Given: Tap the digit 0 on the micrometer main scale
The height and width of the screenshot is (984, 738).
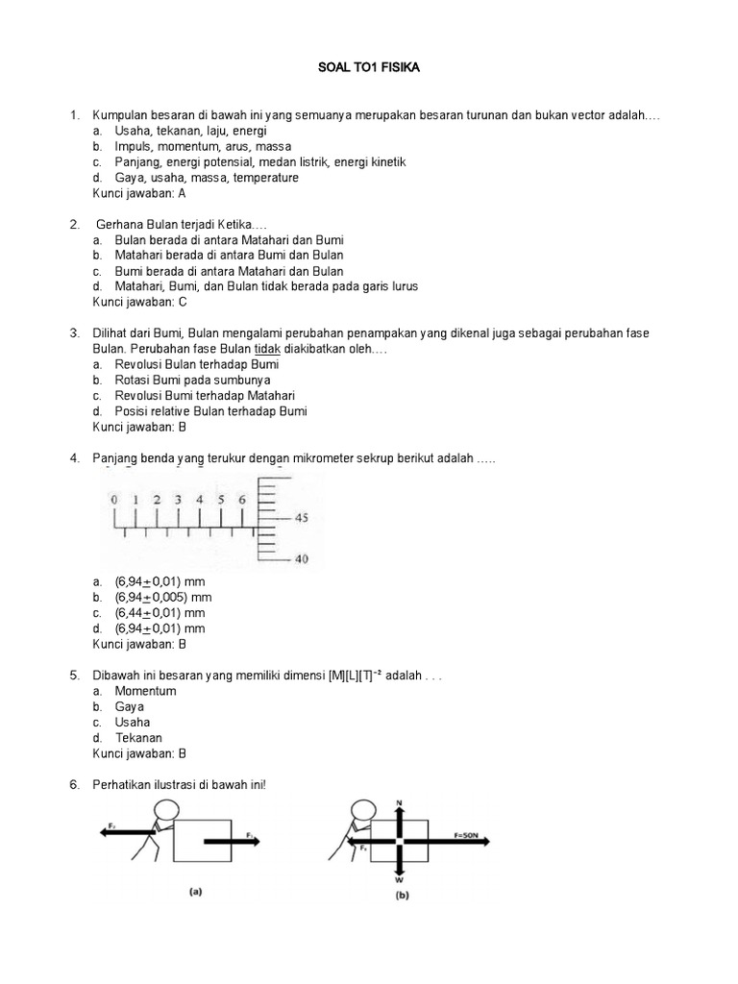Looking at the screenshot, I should click(x=113, y=500).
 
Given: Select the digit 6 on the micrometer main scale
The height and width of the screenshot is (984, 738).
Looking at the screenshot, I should click(x=241, y=500).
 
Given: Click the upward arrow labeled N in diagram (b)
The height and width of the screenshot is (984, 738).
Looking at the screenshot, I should click(x=399, y=813).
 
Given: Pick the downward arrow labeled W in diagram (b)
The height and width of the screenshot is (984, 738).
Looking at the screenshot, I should click(x=399, y=865).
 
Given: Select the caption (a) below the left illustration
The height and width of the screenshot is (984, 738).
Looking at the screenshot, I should click(x=195, y=892).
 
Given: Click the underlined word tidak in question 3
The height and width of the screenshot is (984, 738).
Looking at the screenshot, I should click(x=266, y=349).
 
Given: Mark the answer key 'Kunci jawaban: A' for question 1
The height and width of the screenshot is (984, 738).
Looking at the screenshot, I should click(x=138, y=193).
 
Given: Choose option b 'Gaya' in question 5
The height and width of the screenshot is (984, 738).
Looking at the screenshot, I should click(x=130, y=706).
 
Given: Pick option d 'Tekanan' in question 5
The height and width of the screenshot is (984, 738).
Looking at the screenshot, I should click(x=138, y=738).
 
